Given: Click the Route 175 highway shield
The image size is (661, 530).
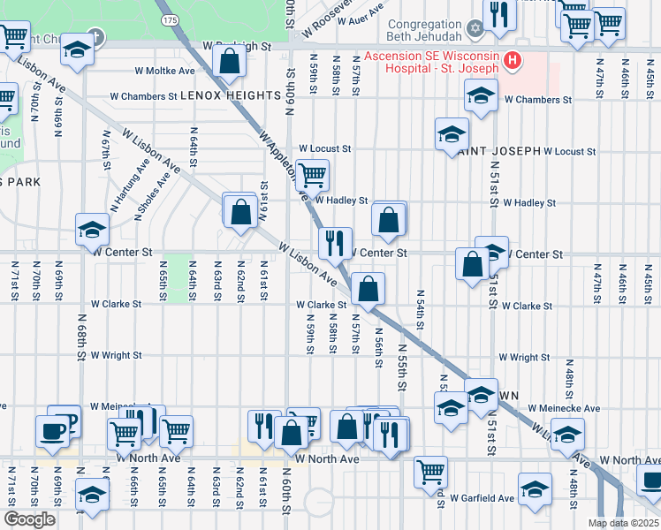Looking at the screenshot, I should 170,19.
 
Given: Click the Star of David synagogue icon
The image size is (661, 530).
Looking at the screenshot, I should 475,30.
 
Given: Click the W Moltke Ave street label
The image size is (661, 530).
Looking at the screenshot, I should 164,71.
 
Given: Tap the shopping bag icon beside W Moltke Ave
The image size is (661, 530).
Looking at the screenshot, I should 229,62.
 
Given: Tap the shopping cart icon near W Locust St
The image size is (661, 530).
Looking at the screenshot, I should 312,174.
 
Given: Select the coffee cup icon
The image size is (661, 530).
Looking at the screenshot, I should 52,430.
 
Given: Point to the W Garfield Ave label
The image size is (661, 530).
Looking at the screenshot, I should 482,498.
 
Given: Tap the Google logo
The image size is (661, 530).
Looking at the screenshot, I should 29,520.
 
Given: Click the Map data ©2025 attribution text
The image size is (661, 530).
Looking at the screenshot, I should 623,523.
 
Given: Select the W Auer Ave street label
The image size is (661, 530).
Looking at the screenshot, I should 360,11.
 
